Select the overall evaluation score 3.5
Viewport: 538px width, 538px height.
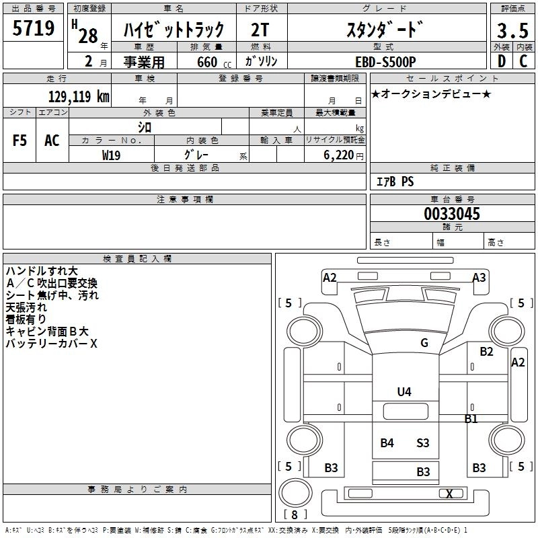coord(512,31)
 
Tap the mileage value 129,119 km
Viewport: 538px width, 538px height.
coord(79,95)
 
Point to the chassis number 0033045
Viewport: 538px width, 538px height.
coord(452,215)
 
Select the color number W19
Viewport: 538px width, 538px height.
coord(112,155)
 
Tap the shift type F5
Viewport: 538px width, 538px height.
coord(20,141)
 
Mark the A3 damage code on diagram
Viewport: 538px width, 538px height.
coord(479,277)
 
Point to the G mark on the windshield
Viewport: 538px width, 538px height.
coord(424,343)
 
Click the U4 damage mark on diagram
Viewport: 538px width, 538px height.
coord(403,391)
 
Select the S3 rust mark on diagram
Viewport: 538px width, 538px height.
coord(422,443)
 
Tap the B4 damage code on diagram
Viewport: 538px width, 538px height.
coord(387,443)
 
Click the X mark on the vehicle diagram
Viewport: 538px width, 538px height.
coord(449,494)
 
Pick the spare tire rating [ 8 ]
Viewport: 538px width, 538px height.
coord(293,514)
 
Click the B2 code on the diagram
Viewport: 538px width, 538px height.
coord(486,351)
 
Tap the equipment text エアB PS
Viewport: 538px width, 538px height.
coord(395,181)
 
